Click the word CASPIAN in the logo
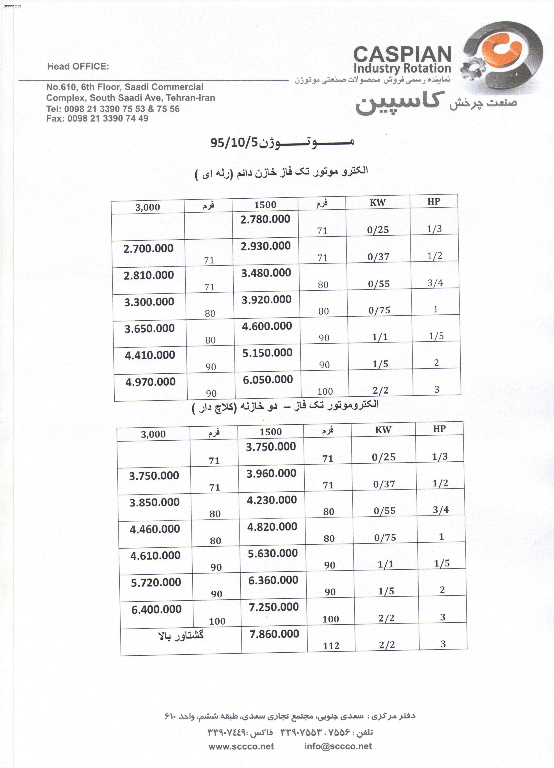pyautogui.click(x=402, y=54)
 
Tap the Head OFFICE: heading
pyautogui.click(x=78, y=66)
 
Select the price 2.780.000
pyautogui.click(x=265, y=219)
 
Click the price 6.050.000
pyautogui.click(x=268, y=380)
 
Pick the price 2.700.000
pyautogui.click(x=148, y=248)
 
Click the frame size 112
pyautogui.click(x=331, y=646)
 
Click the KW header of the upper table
pyautogui.click(x=377, y=203)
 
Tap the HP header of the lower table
pyautogui.click(x=439, y=429)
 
